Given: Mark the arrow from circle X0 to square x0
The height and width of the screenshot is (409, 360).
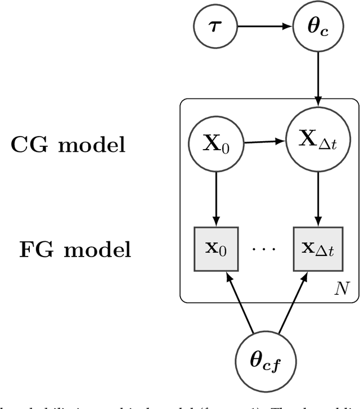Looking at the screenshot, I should click(x=216, y=197).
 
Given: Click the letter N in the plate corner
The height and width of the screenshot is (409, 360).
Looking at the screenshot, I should click(x=341, y=289).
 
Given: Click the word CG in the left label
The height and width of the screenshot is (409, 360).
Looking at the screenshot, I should click(x=31, y=145).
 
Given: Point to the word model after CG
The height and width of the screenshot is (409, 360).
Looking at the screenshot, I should click(x=92, y=145).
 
